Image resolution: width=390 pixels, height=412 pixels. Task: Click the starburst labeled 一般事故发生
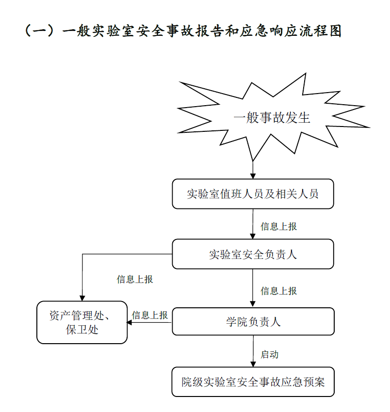pyautogui.click(x=272, y=117)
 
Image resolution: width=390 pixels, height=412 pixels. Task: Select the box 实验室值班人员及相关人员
pyautogui.click(x=253, y=194)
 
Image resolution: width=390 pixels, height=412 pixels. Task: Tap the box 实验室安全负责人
pyautogui.click(x=253, y=254)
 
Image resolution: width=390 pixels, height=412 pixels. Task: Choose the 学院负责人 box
pyautogui.click(x=253, y=322)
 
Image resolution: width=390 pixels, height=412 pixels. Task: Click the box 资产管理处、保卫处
pyautogui.click(x=82, y=322)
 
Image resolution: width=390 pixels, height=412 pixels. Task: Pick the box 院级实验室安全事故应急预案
pyautogui.click(x=253, y=382)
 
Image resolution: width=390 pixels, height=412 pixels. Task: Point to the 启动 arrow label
pyautogui.click(x=270, y=354)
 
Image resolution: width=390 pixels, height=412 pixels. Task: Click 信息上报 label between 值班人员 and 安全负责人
pyautogui.click(x=279, y=226)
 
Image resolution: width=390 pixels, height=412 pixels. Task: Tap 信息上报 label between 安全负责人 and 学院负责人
pyautogui.click(x=279, y=291)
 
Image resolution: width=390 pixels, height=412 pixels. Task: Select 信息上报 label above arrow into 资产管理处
pyautogui.click(x=150, y=315)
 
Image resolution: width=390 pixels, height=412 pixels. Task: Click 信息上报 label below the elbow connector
pyautogui.click(x=135, y=279)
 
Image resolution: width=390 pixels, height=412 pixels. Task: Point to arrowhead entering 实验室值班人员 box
pyautogui.click(x=253, y=176)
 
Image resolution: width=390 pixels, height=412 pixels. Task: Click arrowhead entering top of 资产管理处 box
pyautogui.click(x=82, y=298)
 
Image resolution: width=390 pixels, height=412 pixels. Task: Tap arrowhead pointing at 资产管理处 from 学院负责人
pyautogui.click(x=130, y=322)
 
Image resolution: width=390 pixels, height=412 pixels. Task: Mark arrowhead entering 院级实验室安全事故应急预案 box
pyautogui.click(x=253, y=364)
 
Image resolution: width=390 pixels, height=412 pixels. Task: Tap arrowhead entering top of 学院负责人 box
pyautogui.click(x=253, y=304)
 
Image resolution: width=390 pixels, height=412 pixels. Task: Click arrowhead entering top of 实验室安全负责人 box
pyautogui.click(x=253, y=236)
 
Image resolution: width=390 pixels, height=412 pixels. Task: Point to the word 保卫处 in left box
pyautogui.click(x=82, y=330)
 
